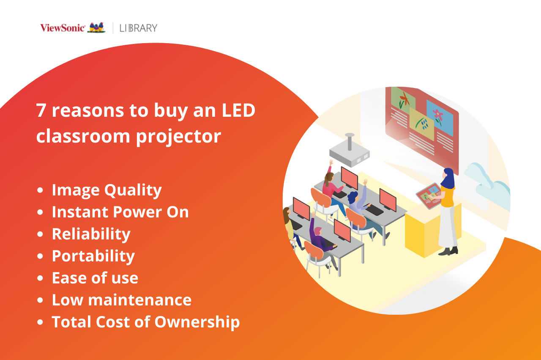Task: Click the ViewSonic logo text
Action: point(63,28)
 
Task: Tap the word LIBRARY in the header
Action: point(138,28)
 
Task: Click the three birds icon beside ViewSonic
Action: point(96,27)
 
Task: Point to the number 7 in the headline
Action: point(41,110)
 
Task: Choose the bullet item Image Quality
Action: point(107,190)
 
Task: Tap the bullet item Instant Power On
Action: point(120,212)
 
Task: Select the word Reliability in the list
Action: point(91,234)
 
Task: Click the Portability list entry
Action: point(93,256)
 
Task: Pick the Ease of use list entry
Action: point(95,278)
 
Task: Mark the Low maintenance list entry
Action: point(121,300)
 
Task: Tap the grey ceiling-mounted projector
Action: point(350,152)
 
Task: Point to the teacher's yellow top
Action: point(447,196)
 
